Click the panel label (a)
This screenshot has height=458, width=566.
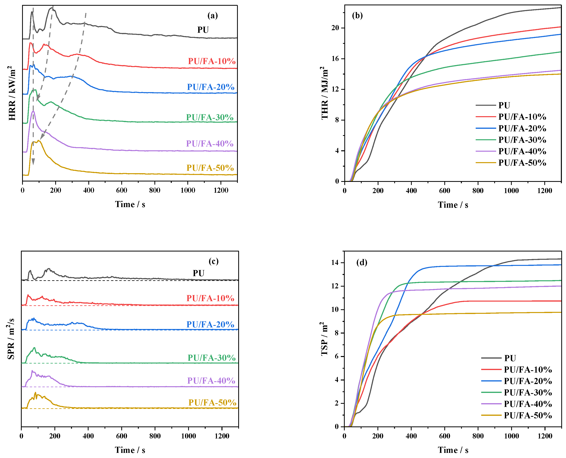click(212, 16)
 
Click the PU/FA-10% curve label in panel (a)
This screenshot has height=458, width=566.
click(212, 61)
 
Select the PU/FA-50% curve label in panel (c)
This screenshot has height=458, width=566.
click(212, 402)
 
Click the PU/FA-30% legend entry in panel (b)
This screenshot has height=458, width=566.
click(522, 140)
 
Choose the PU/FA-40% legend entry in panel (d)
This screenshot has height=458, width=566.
click(528, 404)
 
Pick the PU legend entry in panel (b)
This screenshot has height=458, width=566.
click(504, 105)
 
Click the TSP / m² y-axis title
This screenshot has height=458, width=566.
click(325, 339)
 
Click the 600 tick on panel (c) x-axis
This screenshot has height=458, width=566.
click(122, 436)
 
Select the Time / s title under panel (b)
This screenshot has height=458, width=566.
click(453, 205)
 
